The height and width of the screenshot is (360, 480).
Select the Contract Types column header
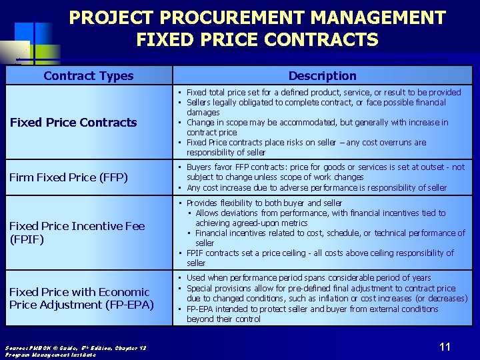[89, 76]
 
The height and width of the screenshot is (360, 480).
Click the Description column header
[323, 76]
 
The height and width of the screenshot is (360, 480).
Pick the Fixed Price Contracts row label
[73, 122]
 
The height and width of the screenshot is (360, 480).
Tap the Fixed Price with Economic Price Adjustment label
[81, 298]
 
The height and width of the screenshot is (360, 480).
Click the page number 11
[445, 346]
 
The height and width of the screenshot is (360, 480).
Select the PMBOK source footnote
[75, 351]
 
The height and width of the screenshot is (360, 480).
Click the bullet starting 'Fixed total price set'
[323, 93]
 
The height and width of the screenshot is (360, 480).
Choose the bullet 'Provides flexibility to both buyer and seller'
[264, 203]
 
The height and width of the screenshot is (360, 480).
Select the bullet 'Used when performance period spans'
[309, 277]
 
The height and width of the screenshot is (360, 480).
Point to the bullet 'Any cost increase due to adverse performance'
[317, 187]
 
